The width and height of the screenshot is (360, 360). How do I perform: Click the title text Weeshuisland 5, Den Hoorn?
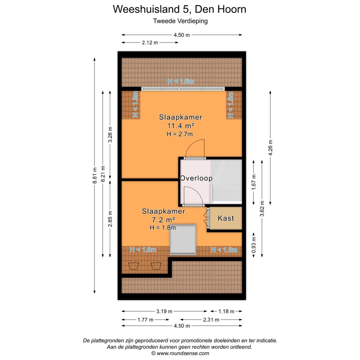click(180, 9)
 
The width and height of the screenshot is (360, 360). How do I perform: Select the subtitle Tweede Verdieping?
click(180, 21)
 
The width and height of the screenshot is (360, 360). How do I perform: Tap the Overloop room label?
click(196, 178)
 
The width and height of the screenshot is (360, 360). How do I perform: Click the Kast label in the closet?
click(226, 218)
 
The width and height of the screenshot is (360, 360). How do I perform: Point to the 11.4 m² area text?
click(181, 126)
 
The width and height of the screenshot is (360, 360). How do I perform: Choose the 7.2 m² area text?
click(163, 220)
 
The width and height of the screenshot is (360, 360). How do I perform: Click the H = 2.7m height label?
click(180, 134)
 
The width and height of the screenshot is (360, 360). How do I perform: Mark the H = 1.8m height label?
click(163, 228)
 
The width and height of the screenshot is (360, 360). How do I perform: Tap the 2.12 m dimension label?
click(150, 43)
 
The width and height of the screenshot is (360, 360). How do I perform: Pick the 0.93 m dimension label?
click(254, 244)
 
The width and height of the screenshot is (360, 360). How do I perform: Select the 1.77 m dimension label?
click(145, 320)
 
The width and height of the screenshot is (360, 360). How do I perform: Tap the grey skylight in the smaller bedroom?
click(183, 240)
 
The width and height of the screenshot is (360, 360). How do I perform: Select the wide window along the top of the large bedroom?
click(183, 89)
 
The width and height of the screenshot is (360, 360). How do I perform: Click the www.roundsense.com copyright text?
click(180, 353)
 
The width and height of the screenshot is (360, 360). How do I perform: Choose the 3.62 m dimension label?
click(262, 208)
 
